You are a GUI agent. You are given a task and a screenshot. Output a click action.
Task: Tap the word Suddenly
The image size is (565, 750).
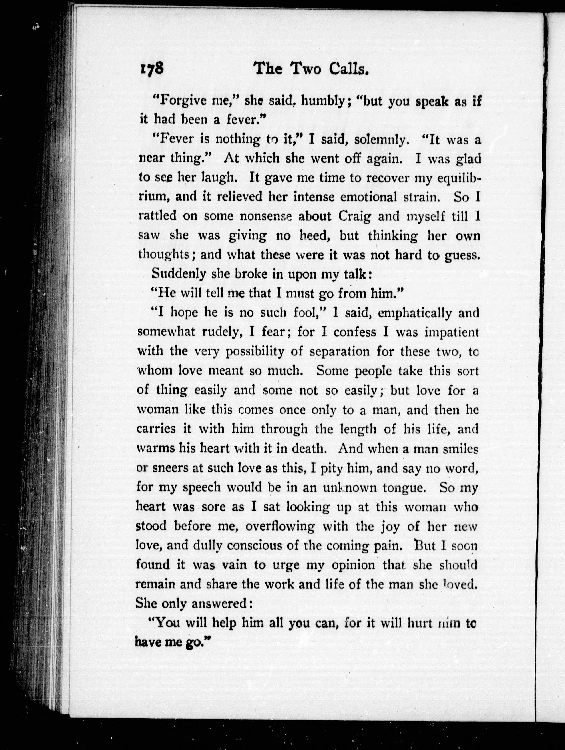(179, 274)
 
